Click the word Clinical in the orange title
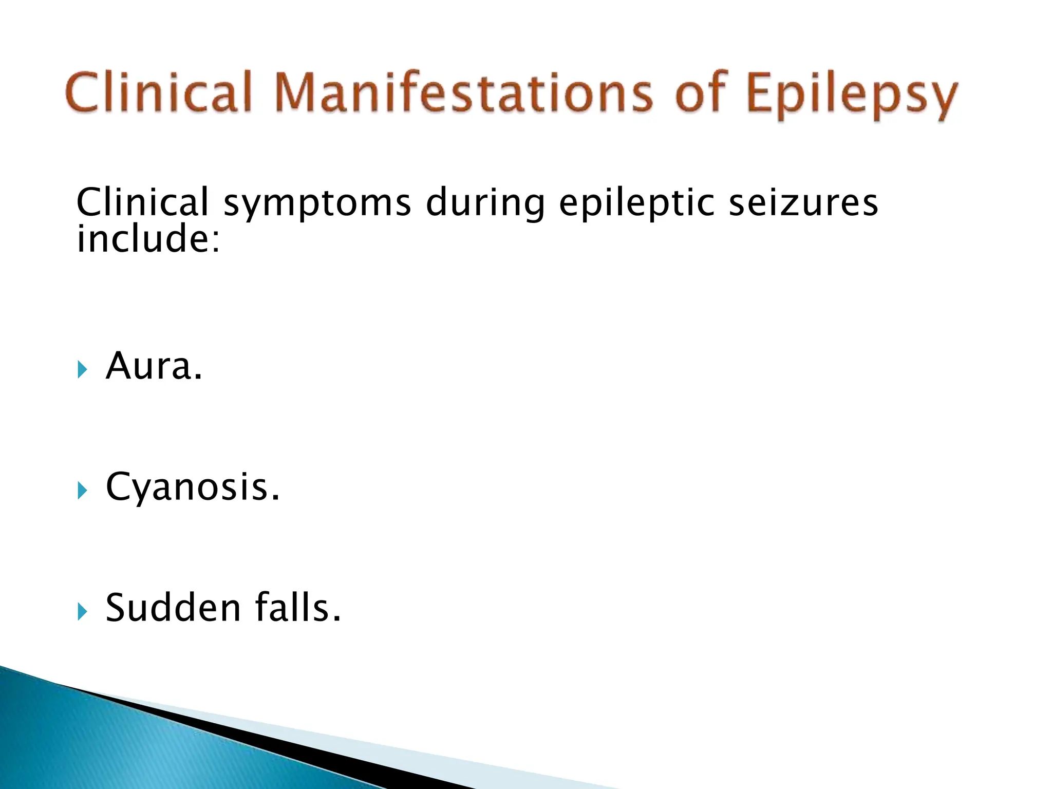159,92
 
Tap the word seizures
803,202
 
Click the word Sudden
173,608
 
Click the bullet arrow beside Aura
82,369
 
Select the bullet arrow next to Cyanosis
82,491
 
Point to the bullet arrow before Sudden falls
82,611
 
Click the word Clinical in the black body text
142,202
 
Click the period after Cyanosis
276,498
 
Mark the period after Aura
198,377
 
